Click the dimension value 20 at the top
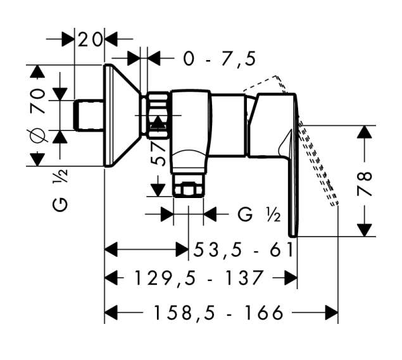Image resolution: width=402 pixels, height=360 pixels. pos(90,39)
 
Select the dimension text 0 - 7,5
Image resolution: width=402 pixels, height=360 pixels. pos(220,59)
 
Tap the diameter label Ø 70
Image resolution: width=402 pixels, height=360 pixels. pos(38,115)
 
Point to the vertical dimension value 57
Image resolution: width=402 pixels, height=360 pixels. pos(158,152)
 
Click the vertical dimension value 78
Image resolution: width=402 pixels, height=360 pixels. pos(365,183)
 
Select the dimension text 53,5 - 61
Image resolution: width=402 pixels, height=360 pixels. pos(244,250)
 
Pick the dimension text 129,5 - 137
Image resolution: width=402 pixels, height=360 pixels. pos(199,278)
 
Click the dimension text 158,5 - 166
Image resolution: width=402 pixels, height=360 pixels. pos(218,313)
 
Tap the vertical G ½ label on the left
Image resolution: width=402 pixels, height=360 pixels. pos(60,190)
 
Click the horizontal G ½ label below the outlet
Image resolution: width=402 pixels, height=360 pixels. pos(259,214)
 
